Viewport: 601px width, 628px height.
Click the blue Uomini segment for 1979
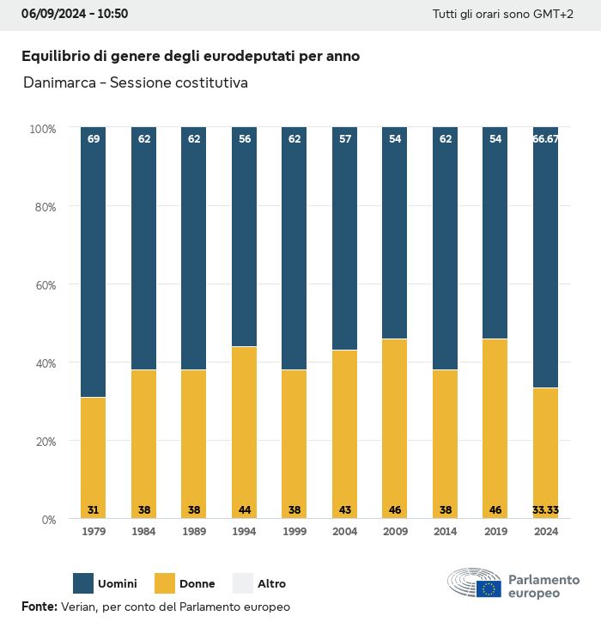93,262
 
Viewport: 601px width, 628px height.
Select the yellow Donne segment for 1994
244,430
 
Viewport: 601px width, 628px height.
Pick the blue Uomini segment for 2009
394,232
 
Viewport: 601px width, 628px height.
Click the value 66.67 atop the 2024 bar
545,138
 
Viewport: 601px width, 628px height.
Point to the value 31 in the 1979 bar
93,509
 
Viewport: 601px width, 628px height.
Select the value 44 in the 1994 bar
244,509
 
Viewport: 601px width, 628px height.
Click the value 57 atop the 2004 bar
344,138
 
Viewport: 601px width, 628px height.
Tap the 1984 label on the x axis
143,532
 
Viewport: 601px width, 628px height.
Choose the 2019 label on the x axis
495,532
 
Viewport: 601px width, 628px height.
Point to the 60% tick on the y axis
43,284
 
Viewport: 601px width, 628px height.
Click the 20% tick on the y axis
43,441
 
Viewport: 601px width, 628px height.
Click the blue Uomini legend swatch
83,583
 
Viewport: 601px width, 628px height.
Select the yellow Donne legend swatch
164,583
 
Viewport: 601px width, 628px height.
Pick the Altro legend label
271,584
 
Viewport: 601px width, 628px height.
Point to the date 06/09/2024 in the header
50,15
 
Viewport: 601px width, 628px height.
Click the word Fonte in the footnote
39,607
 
